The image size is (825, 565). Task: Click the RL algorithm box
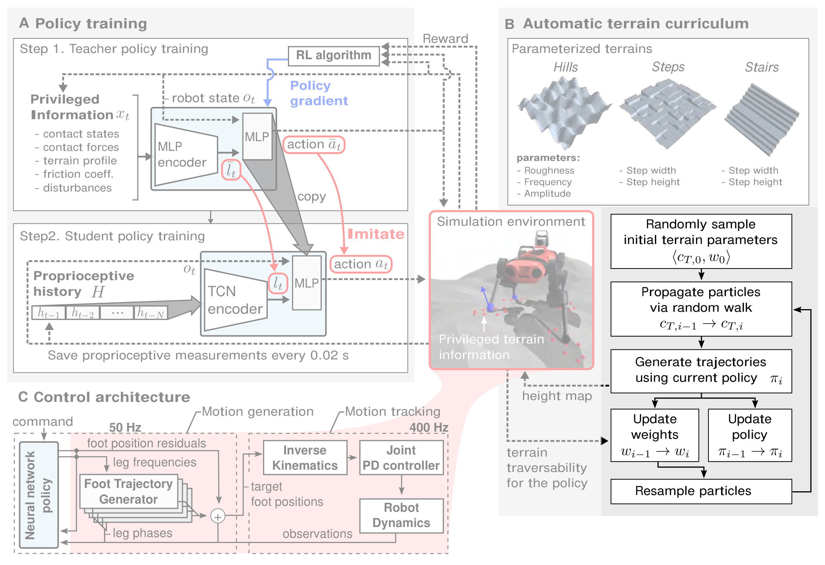334,56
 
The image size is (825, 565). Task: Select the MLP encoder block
186,155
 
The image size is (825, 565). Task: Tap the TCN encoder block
235,300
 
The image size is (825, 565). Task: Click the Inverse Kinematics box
305,458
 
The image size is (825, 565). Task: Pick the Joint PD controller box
402,458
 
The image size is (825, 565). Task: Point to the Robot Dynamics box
402,515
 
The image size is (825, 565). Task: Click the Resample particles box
701,491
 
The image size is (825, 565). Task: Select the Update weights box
655,435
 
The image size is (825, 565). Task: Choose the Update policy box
750,435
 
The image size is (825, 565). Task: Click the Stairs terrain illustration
761,119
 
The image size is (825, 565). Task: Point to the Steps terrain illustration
667,114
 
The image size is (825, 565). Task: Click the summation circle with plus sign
218,516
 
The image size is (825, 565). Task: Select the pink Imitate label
376,234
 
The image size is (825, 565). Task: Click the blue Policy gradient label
319,93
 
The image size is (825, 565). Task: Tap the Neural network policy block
39,495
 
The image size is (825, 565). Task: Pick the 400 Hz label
429,427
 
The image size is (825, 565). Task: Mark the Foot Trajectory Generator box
129,491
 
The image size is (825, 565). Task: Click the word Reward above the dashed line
445,39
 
